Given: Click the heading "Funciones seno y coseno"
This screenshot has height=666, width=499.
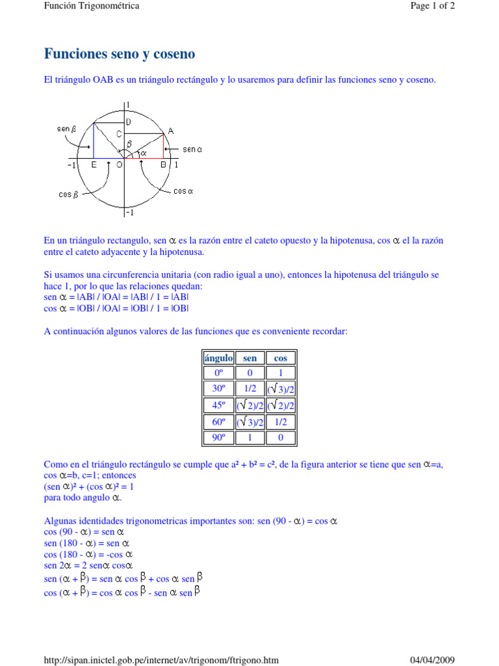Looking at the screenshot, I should click(119, 53).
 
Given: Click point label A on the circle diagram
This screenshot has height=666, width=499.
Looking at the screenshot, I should click(170, 131).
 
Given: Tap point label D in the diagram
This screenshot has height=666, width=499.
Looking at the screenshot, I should click(129, 122).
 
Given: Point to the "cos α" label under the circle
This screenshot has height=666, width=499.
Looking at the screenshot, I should click(184, 191).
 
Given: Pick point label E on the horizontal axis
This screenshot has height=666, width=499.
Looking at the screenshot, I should click(94, 165).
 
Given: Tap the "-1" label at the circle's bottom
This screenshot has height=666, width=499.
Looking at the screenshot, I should click(130, 213).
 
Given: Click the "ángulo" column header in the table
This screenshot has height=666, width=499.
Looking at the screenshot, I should click(218, 358).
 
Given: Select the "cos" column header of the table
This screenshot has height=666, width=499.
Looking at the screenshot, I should click(281, 358).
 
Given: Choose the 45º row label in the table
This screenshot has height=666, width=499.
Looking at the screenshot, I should click(218, 405).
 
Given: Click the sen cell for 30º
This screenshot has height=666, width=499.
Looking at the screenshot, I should click(249, 389).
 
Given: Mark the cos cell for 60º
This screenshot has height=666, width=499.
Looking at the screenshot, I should click(281, 421).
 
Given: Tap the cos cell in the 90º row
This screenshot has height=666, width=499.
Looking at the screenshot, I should click(281, 438).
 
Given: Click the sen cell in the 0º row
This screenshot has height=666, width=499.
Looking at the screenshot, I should click(249, 373).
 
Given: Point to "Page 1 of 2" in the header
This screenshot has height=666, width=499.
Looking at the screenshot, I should click(433, 6).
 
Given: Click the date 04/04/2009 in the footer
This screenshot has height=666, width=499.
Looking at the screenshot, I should click(433, 660).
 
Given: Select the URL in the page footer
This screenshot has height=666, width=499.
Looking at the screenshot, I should click(161, 660).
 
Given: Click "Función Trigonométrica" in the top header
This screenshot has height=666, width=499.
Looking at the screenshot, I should click(92, 6).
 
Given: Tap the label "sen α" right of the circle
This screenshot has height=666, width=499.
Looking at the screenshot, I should click(193, 149).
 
